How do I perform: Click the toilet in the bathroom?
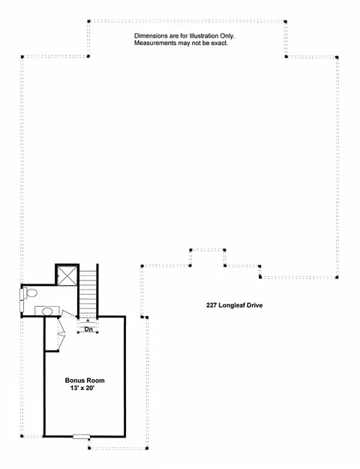tap(29, 293)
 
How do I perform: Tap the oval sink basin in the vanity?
tap(47, 311)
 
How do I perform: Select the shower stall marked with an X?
tap(67, 275)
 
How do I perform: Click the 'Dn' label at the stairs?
tap(88, 329)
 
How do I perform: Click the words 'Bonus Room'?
tap(85, 380)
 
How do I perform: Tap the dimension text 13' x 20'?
tap(82, 388)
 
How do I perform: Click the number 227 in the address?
tap(211, 305)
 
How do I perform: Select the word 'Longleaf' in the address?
tap(232, 305)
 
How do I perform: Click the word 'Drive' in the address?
tap(255, 305)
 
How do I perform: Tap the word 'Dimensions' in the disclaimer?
tap(151, 36)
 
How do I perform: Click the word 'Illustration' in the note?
tap(204, 36)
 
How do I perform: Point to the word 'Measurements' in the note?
tap(155, 43)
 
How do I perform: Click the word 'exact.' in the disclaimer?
tap(220, 43)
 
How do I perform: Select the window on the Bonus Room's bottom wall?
tap(82, 437)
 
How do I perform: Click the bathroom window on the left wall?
tap(22, 301)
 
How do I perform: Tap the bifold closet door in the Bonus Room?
tap(61, 334)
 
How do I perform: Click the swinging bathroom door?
tap(68, 314)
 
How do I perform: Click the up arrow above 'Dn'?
tap(88, 321)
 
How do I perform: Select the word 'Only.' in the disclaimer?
tap(227, 36)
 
